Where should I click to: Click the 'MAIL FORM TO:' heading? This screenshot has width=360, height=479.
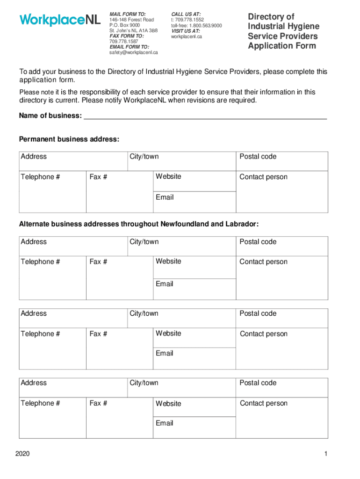(128, 15)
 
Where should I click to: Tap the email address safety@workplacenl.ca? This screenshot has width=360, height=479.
(134, 52)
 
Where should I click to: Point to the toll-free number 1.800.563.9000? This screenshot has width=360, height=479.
(196, 26)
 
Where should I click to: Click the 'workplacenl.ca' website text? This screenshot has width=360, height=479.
(187, 36)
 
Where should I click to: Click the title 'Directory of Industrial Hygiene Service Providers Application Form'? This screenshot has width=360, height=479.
(283, 31)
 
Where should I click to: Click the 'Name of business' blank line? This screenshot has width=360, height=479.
(205, 116)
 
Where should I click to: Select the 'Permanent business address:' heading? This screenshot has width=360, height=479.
(69, 139)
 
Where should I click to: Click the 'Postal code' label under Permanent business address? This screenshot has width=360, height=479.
(258, 157)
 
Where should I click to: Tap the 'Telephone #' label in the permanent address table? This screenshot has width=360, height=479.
(40, 177)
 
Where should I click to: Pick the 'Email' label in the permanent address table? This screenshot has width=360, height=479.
(165, 197)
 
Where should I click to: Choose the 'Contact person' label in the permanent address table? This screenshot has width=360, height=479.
(264, 177)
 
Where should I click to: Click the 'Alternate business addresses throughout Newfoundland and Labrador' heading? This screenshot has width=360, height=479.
(138, 225)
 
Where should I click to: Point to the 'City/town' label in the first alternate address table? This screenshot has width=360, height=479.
(144, 242)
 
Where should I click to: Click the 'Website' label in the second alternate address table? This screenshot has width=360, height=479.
(168, 334)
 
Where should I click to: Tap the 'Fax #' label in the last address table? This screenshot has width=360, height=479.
(98, 403)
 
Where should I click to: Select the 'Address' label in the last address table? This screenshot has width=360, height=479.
(34, 383)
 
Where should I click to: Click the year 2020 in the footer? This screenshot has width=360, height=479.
(22, 454)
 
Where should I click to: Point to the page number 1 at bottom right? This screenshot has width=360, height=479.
(325, 454)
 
